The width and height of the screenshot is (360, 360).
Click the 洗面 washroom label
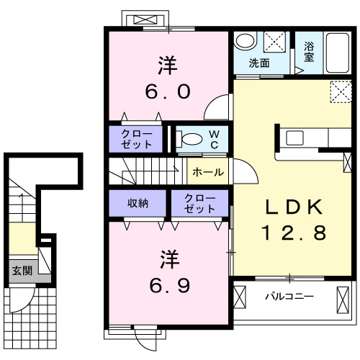click(259, 63)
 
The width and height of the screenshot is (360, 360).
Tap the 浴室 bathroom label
click(310, 52)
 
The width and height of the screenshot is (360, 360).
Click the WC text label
click(215, 140)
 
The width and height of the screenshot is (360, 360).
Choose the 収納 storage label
click(138, 202)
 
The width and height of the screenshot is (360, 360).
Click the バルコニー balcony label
click(288, 296)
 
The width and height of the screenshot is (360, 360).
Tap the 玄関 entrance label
click(22, 271)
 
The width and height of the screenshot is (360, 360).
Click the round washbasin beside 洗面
click(246, 41)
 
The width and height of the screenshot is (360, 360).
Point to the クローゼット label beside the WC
click(136, 139)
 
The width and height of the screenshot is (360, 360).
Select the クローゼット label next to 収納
click(199, 204)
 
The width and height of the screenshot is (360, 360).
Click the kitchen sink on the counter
click(297, 137)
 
